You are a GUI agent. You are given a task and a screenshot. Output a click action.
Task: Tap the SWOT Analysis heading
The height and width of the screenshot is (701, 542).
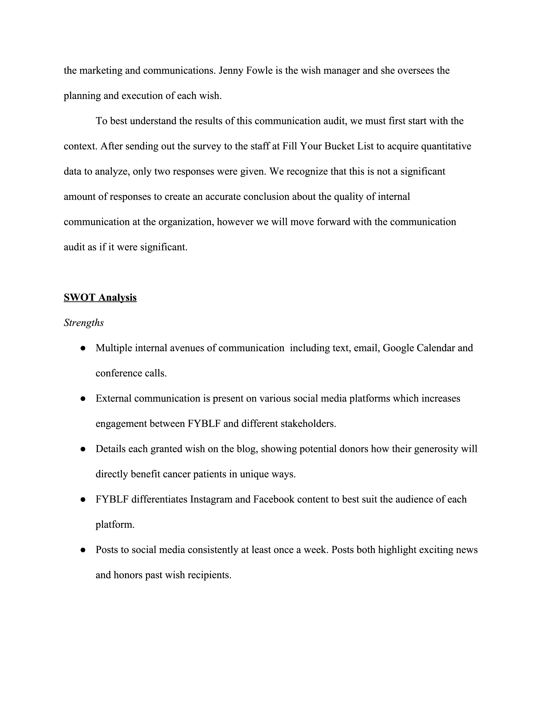pos(100,298)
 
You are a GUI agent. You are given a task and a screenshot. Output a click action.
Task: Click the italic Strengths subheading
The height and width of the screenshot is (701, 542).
pos(84,323)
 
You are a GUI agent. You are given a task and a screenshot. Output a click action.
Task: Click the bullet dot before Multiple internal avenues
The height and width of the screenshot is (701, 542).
pos(83,348)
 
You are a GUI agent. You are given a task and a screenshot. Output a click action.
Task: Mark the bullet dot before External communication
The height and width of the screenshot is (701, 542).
pos(83,399)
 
